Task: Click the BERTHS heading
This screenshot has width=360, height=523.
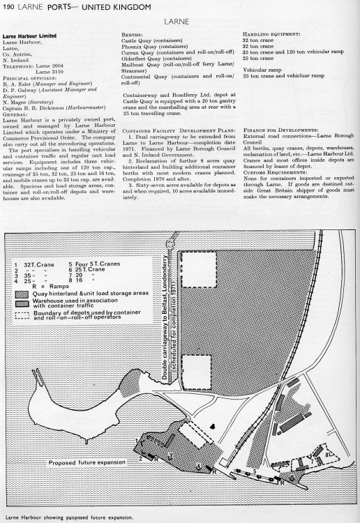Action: (133, 33)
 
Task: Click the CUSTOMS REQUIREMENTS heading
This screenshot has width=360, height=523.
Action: (273, 178)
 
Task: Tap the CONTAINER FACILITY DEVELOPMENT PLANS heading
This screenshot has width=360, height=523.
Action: (172, 130)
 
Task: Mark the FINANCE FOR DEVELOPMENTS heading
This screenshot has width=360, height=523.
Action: (280, 130)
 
